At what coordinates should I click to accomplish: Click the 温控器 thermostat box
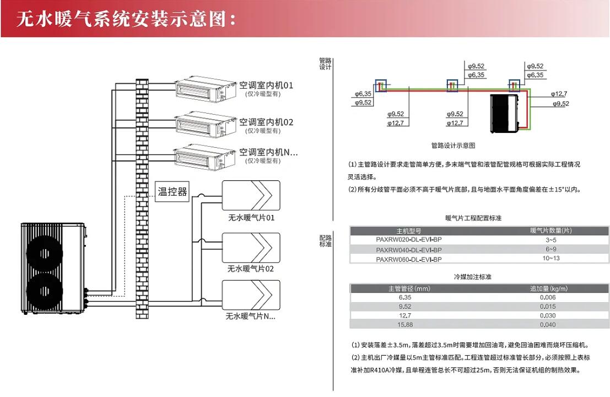(172, 192)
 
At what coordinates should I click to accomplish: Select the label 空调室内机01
(266, 85)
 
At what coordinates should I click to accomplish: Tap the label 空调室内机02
(266, 122)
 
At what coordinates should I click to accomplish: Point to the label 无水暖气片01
(251, 218)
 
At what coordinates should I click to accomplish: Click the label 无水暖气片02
(251, 269)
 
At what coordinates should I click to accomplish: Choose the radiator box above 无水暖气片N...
(251, 296)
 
